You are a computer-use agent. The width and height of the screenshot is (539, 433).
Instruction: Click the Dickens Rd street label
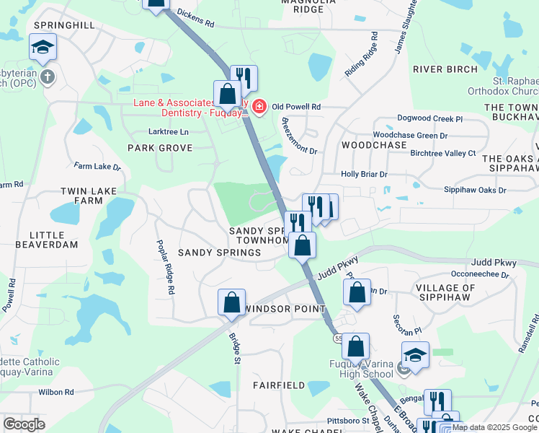[195, 18]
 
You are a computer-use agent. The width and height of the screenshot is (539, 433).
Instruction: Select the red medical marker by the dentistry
[259, 108]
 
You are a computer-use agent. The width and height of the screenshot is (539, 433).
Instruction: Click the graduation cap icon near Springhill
[43, 48]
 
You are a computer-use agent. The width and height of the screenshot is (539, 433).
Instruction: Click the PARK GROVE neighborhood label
[160, 148]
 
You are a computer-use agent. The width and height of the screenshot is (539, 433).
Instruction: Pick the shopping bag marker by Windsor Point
[231, 302]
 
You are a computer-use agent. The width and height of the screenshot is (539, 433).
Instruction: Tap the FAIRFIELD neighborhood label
[279, 385]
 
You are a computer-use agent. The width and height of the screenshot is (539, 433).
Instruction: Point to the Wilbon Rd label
[56, 393]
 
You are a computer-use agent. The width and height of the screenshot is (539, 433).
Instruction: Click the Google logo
[24, 424]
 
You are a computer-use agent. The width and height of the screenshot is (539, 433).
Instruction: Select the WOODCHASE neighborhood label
[374, 145]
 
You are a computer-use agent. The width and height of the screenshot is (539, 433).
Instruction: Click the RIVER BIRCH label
[445, 69]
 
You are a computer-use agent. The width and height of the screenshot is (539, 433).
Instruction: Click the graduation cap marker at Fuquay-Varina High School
[415, 354]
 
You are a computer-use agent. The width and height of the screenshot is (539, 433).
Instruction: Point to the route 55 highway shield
[337, 338]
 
